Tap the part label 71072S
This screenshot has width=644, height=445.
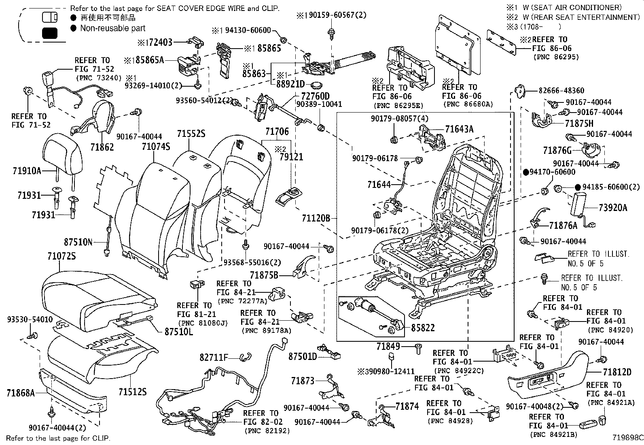tap(61, 256)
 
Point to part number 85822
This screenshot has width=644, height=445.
tap(423, 328)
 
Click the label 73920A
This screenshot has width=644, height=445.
tap(613, 208)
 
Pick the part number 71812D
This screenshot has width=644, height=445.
tap(617, 372)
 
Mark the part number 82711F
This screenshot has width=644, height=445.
tap(214, 357)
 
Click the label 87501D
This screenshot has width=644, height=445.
tap(303, 356)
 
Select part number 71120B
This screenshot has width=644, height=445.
tap(316, 219)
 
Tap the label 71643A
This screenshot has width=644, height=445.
tap(459, 129)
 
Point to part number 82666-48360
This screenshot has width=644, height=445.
tap(561, 90)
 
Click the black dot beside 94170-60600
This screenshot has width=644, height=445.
tap(525, 172)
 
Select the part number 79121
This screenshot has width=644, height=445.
tap(289, 157)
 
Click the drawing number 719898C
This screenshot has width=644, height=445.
tap(627, 438)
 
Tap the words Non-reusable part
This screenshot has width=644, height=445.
tap(112, 28)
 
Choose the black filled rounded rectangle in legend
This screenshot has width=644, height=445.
tap(50, 33)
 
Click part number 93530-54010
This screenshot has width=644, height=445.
tap(30, 319)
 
